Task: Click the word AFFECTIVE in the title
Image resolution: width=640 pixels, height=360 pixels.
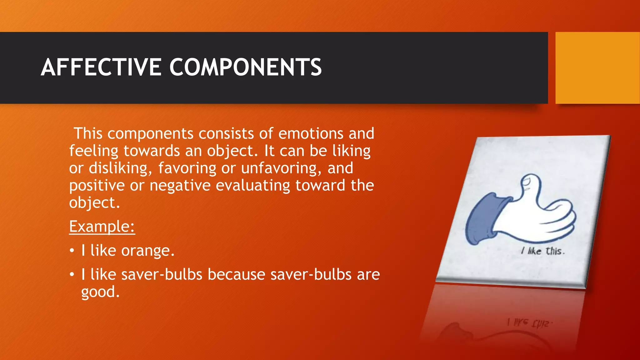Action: pos(101,67)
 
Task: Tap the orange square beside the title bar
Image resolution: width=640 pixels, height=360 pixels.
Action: pos(597,68)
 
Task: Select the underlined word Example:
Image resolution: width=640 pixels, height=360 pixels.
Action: pos(102,226)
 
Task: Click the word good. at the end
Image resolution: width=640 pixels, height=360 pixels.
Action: pos(100,292)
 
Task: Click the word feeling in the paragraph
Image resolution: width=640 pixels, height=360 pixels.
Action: pos(94,151)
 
